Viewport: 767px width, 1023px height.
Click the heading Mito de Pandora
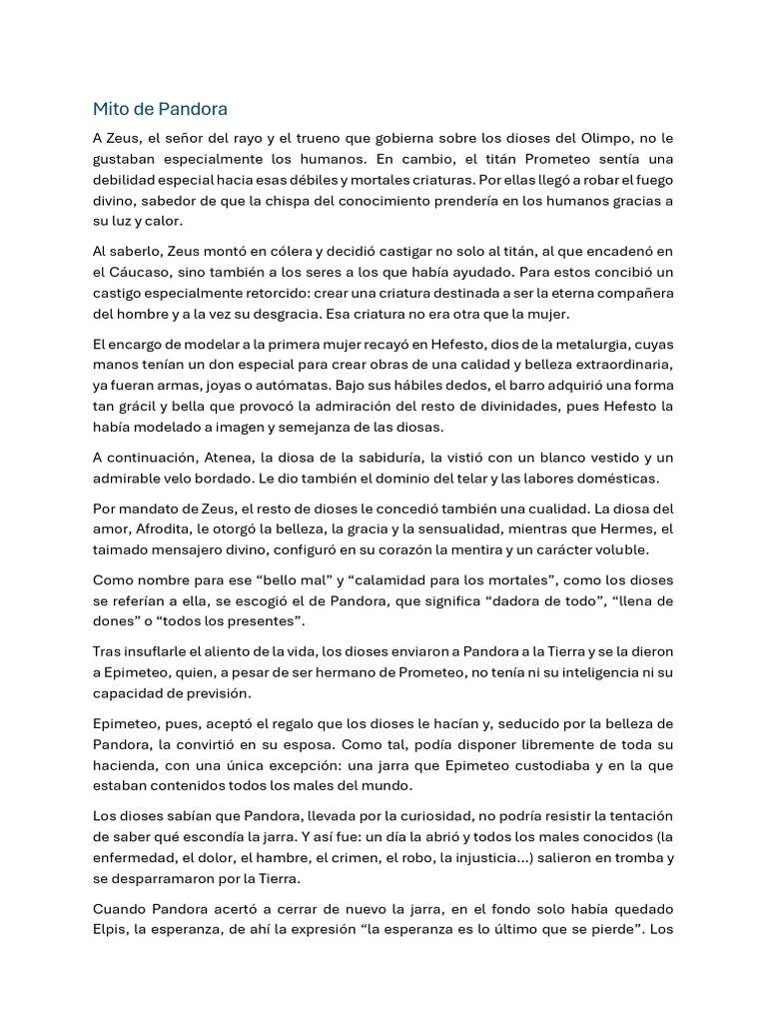(x=160, y=109)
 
